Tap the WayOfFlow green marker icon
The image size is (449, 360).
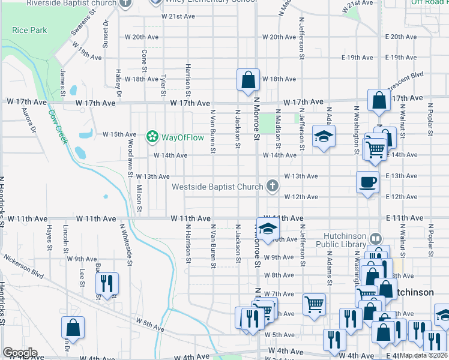(x=152, y=137)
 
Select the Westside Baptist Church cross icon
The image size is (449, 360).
(x=273, y=186)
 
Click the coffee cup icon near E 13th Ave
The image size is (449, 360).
(x=367, y=182)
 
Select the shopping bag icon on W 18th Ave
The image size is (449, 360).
(x=248, y=79)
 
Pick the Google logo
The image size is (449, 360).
(x=20, y=353)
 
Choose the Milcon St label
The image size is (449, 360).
(x=139, y=199)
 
